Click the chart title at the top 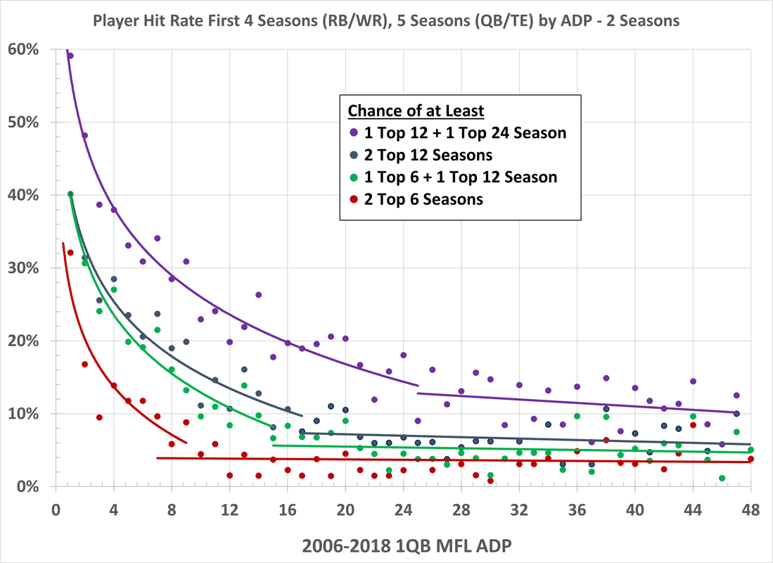pyautogui.click(x=387, y=21)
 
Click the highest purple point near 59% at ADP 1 pyautogui.click(x=70, y=56)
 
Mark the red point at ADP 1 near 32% pyautogui.click(x=70, y=253)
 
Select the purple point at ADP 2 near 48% pyautogui.click(x=84, y=135)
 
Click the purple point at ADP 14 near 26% pyautogui.click(x=258, y=295)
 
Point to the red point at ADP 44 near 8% pyautogui.click(x=693, y=425)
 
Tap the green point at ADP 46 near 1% pyautogui.click(x=722, y=479)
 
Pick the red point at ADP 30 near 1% pyautogui.click(x=490, y=481)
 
